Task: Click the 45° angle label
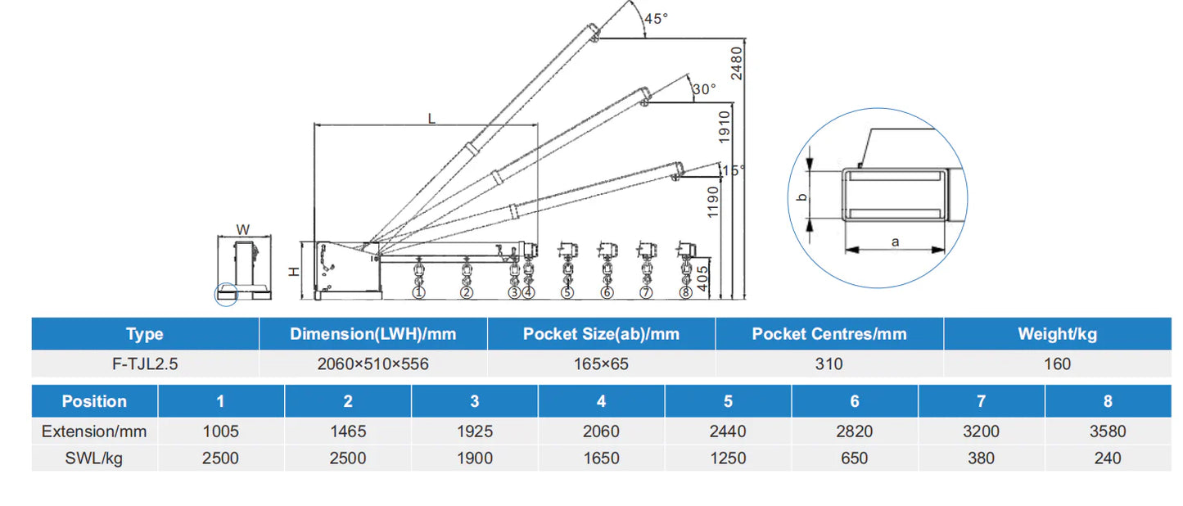pyautogui.click(x=656, y=19)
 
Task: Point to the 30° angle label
pyautogui.click(x=704, y=89)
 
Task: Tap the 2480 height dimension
pyautogui.click(x=736, y=63)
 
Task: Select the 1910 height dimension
pyautogui.click(x=724, y=127)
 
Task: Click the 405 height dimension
pyautogui.click(x=702, y=278)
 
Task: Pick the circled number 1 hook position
pyautogui.click(x=419, y=292)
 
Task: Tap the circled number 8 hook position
pyautogui.click(x=685, y=292)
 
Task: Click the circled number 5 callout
pyautogui.click(x=567, y=292)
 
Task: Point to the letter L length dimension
pyautogui.click(x=431, y=119)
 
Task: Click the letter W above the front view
pyautogui.click(x=243, y=230)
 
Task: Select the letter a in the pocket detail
pyautogui.click(x=895, y=242)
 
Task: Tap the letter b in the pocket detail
pyautogui.click(x=801, y=197)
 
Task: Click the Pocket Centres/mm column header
pyautogui.click(x=829, y=334)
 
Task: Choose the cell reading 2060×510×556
pyautogui.click(x=373, y=364)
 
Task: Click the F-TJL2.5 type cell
pyautogui.click(x=145, y=364)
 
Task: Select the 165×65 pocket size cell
pyautogui.click(x=601, y=364)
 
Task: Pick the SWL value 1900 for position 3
pyautogui.click(x=475, y=458)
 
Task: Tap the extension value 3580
pyautogui.click(x=1108, y=431)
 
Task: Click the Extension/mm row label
pyautogui.click(x=94, y=431)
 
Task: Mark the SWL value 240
pyautogui.click(x=1108, y=458)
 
